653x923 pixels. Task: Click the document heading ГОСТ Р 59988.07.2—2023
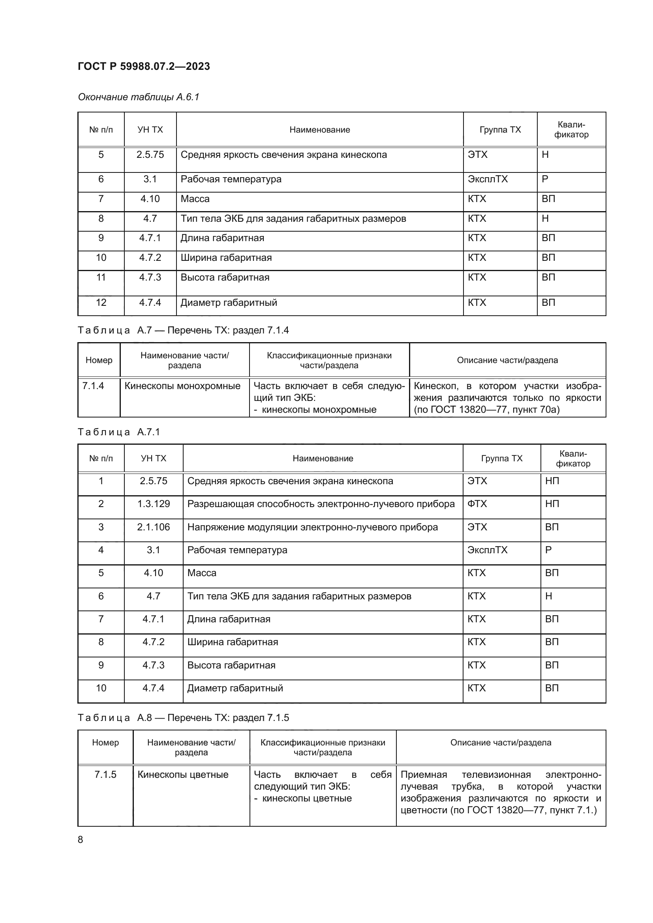[144, 66]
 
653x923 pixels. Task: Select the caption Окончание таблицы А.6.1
[138, 97]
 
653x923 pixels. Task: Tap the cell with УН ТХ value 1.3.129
[153, 504]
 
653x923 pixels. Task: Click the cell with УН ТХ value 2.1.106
[153, 527]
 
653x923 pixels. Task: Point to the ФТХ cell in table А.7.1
[477, 504]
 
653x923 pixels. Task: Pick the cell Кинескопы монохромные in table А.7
[182, 386]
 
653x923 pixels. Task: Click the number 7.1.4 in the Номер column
[93, 386]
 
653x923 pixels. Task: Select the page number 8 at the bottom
[81, 839]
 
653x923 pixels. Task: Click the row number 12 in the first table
[101, 302]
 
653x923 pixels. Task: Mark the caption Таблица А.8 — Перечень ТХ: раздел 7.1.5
[183, 717]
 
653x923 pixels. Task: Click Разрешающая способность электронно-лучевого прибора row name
[321, 504]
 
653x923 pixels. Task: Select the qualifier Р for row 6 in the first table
[545, 179]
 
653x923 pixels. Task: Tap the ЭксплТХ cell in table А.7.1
[487, 550]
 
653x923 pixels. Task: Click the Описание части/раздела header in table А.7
[507, 360]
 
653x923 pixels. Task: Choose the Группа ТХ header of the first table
[500, 130]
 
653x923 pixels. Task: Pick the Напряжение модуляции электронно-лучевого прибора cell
[312, 527]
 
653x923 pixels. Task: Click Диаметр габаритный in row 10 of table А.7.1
[235, 688]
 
